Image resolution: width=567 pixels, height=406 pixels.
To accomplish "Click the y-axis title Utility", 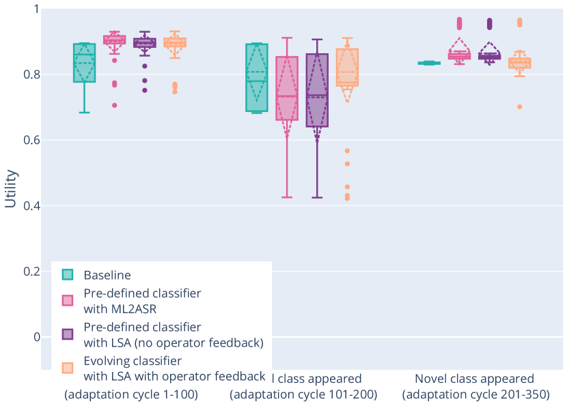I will pos(10,188).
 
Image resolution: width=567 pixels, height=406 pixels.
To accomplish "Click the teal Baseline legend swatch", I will pos(68,275).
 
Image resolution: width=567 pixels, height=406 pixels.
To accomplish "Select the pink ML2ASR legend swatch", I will pos(68,301).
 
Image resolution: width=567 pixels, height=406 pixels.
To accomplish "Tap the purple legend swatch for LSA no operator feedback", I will pos(68,334).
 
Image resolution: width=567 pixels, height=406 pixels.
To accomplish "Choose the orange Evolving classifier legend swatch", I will pos(68,367).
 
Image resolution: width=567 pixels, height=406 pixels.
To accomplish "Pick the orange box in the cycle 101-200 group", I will pos(347,67).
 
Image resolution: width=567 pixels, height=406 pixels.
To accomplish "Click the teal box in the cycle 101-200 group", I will pos(257,77).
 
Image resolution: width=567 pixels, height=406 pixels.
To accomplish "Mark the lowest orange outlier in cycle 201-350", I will pos(520,106).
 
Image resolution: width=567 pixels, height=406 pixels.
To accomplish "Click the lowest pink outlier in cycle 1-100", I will pos(114,105).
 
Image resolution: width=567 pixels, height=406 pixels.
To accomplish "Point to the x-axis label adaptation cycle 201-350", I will pos(474,394).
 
